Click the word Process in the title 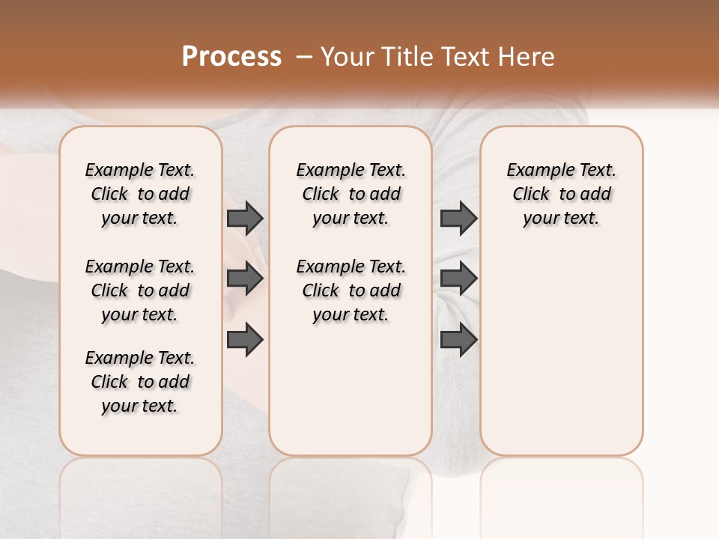pos(231,57)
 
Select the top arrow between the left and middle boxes pos(245,218)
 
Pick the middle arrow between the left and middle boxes pos(245,279)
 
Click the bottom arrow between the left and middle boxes pos(245,340)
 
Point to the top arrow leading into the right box pos(458,218)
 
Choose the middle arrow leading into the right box pos(458,279)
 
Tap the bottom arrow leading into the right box pos(458,340)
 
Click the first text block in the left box pos(140,194)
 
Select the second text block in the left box pos(140,290)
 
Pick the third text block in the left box pos(140,382)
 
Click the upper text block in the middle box pos(351,194)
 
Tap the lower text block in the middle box pos(351,290)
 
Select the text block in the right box pos(561,194)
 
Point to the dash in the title pos(304,57)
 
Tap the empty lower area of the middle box pos(351,389)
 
